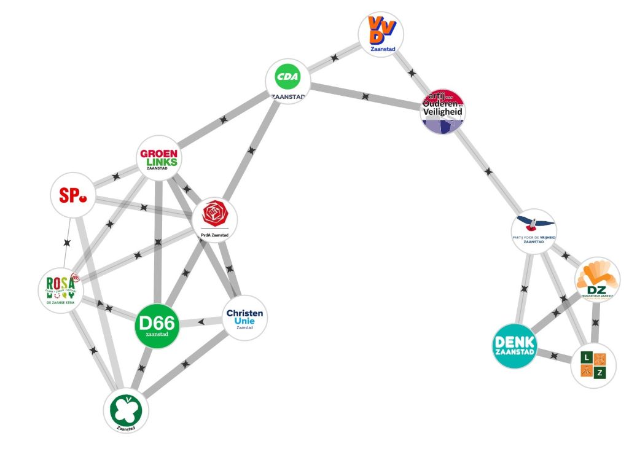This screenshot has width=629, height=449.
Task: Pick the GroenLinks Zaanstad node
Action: click(x=158, y=158)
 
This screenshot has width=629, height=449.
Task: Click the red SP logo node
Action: click(x=73, y=195)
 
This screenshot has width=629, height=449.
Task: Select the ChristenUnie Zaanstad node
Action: click(x=244, y=318)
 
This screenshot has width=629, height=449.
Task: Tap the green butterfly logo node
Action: click(x=126, y=410)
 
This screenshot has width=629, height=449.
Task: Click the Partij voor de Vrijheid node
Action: click(x=533, y=230)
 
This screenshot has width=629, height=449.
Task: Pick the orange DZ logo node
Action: click(x=597, y=280)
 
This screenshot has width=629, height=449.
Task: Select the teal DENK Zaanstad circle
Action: click(x=515, y=346)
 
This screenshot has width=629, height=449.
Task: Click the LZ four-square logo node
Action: click(x=593, y=365)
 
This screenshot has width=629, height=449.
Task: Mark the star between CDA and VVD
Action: click(x=335, y=57)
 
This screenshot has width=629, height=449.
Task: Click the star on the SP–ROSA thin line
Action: click(x=67, y=243)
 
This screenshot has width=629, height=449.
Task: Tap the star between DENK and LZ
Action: click(x=554, y=355)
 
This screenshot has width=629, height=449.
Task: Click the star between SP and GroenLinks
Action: click(x=115, y=178)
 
